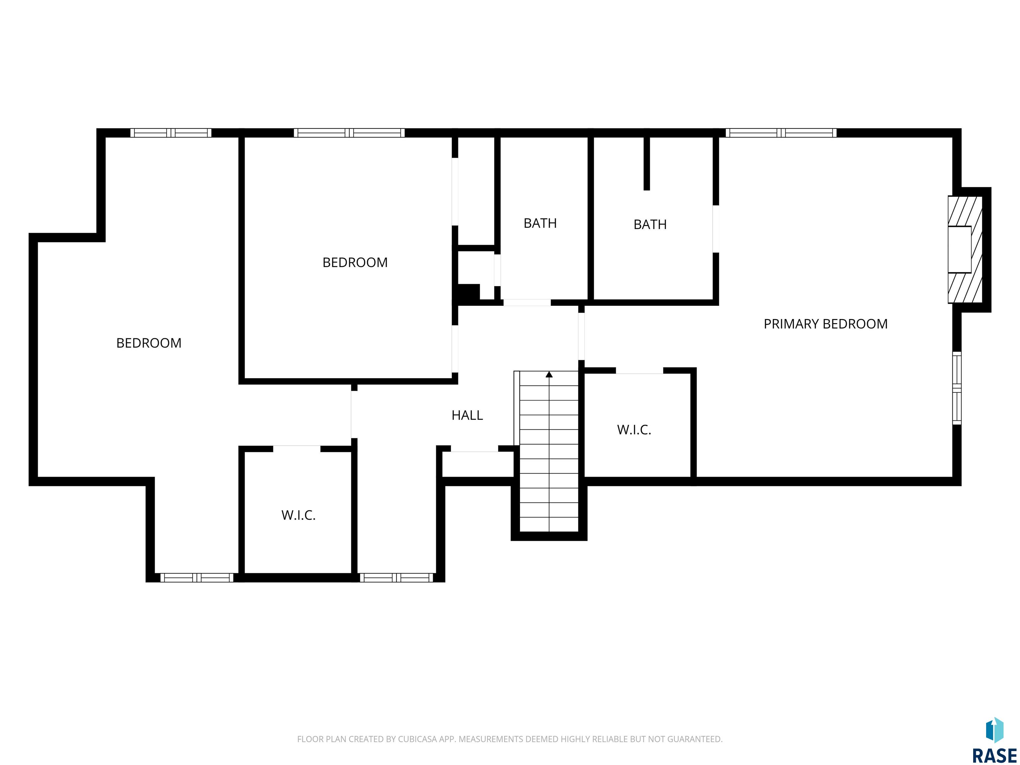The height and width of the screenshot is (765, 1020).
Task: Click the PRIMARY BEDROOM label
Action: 825,324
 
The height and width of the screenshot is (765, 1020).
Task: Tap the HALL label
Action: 467,415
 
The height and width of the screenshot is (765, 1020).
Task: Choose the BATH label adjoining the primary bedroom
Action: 650,224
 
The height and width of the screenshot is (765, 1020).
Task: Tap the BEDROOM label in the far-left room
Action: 148,343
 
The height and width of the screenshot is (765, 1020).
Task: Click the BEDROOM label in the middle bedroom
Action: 355,262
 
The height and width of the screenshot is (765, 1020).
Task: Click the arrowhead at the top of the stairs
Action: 549,375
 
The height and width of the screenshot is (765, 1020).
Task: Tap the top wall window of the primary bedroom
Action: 781,133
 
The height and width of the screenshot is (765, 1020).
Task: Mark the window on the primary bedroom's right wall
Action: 957,388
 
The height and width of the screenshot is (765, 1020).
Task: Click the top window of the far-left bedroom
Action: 171,133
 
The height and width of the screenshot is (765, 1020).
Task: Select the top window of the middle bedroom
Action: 349,133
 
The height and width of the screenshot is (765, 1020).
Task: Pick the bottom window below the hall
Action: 396,578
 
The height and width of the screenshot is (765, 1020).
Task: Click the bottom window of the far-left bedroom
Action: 197,578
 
